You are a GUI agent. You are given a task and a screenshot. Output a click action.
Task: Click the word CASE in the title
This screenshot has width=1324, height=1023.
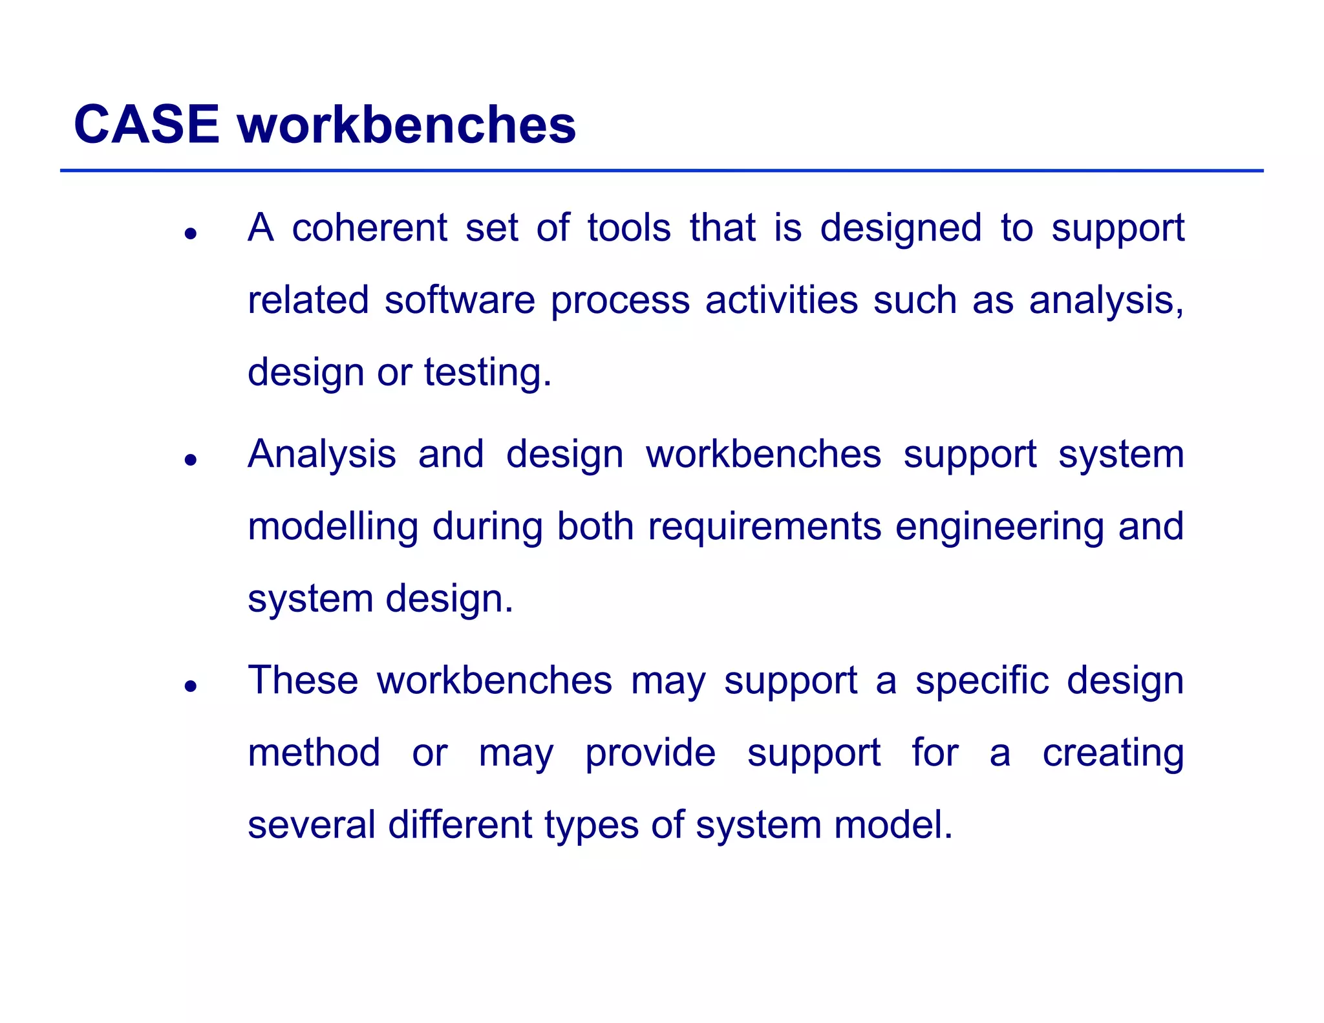coord(147,124)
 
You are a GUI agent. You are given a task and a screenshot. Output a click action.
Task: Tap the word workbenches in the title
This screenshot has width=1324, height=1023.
coord(407,124)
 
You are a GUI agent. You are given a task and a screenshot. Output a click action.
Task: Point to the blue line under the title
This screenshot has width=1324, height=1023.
coord(661,171)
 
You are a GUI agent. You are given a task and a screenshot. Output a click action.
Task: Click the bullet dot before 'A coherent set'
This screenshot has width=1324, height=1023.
coord(190,233)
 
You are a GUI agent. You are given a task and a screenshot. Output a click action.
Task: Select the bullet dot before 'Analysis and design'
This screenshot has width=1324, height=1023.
coord(190,460)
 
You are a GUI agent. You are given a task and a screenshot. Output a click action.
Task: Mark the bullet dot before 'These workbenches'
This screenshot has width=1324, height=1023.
coord(190,686)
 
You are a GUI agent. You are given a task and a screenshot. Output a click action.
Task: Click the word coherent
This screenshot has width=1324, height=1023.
coord(369,228)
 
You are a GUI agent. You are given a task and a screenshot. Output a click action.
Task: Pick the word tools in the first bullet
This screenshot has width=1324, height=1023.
coord(628,228)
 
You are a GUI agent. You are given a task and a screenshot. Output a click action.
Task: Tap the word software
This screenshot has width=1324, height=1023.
coord(460,300)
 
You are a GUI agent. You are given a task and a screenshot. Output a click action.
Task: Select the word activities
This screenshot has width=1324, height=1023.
coord(781,300)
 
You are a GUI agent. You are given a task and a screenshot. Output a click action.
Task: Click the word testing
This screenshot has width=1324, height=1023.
coord(487,372)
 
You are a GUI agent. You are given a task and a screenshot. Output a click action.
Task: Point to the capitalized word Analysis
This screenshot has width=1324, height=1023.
coord(321,454)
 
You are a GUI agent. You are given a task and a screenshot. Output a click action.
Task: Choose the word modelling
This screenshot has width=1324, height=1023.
coord(333,526)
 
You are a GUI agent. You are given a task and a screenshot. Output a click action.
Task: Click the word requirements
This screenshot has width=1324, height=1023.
coord(764,526)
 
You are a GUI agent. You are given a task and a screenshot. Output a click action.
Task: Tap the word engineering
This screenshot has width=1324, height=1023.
coord(999,526)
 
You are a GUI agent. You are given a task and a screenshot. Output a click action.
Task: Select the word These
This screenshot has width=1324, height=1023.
coord(303,680)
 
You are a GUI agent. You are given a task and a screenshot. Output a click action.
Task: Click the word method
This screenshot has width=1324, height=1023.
coord(314,753)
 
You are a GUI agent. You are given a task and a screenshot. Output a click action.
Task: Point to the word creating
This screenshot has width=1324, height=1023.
coord(1113,753)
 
